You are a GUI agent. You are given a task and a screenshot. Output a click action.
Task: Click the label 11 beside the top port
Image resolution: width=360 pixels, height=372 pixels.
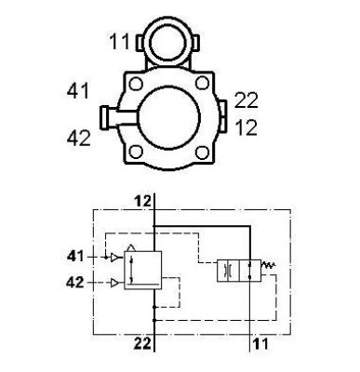pyautogui.click(x=120, y=42)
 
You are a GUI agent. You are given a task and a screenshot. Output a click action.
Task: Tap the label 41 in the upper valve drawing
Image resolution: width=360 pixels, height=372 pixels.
pyautogui.click(x=78, y=91)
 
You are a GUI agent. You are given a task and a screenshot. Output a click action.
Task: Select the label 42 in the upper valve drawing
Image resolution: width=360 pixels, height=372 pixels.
pyautogui.click(x=79, y=138)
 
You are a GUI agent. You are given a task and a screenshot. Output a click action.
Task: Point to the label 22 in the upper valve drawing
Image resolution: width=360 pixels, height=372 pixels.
pyautogui.click(x=246, y=100)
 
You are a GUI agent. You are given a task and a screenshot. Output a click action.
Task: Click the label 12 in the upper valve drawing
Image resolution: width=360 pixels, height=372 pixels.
pyautogui.click(x=247, y=127)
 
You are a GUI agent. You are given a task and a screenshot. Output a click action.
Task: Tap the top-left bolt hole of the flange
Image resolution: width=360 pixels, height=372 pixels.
pyautogui.click(x=136, y=84)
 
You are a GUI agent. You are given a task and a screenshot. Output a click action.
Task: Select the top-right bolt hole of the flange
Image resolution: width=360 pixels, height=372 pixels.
pyautogui.click(x=203, y=83)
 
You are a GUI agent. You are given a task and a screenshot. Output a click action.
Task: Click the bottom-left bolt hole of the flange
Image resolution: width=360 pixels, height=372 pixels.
pyautogui.click(x=136, y=152)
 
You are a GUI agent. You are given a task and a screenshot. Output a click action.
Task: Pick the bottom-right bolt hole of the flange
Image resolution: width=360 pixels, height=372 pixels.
pyautogui.click(x=203, y=152)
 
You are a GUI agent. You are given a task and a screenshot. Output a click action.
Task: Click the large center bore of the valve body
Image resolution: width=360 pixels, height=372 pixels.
pyautogui.click(x=168, y=117)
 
